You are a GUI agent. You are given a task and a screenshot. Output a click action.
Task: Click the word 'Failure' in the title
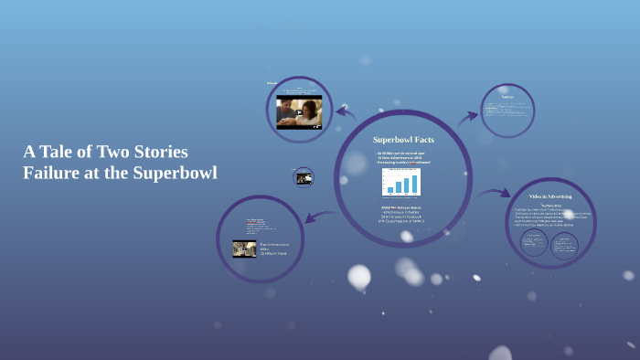point(50,173)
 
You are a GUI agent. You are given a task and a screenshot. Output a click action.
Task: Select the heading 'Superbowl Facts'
point(403,140)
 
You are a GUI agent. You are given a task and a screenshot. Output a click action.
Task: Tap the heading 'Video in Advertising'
point(550,196)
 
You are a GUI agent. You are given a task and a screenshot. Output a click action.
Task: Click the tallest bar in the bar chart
point(413,184)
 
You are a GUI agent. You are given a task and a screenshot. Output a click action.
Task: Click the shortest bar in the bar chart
point(390,190)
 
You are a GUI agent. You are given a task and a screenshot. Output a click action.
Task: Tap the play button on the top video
point(299,112)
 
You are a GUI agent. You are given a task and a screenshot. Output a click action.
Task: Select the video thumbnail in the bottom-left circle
point(244,249)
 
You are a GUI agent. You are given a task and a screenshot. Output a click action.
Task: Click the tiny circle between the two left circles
point(304,177)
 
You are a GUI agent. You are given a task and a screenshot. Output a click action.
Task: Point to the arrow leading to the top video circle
point(346,111)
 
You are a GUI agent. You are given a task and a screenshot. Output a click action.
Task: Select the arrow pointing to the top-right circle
point(467,117)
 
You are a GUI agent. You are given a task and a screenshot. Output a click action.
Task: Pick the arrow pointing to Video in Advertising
point(494,193)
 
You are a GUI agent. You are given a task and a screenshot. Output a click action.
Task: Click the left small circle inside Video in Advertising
point(534,242)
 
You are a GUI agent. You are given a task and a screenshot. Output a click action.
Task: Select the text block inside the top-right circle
point(508,109)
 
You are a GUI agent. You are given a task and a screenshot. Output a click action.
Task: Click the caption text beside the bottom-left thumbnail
point(272,249)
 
